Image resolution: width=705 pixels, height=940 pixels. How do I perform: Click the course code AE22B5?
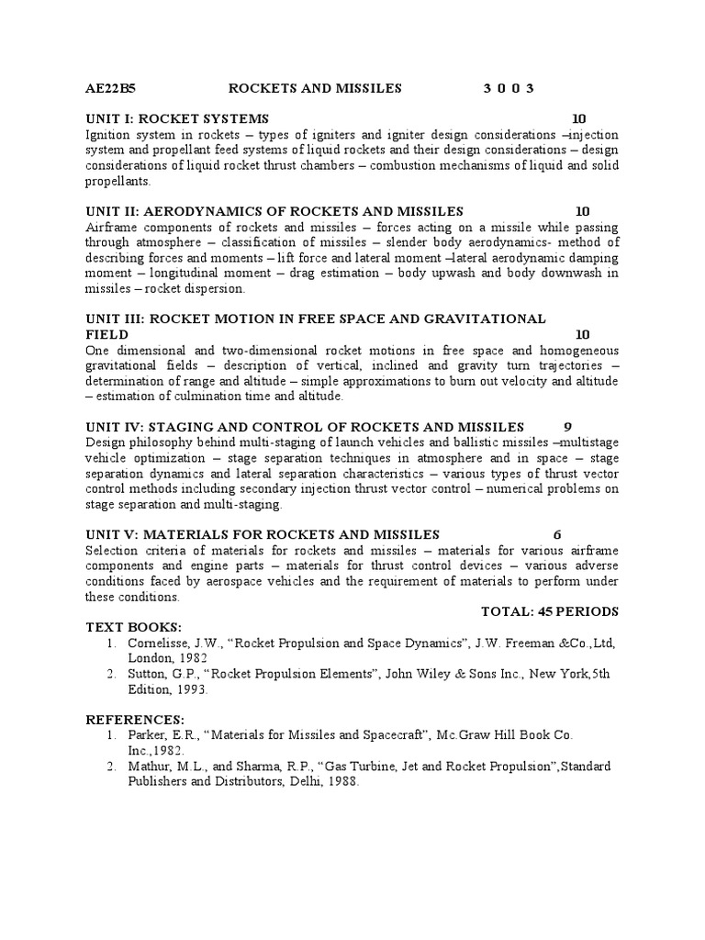click(x=110, y=88)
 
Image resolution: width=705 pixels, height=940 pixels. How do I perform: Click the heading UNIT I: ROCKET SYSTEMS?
click(x=177, y=118)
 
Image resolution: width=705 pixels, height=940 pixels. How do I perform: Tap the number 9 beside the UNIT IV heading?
click(x=567, y=427)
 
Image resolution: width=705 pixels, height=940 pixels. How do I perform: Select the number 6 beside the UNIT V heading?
click(x=557, y=534)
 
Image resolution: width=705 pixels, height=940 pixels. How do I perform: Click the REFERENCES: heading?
click(x=135, y=718)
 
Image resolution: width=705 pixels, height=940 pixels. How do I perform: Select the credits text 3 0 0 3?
click(x=509, y=88)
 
